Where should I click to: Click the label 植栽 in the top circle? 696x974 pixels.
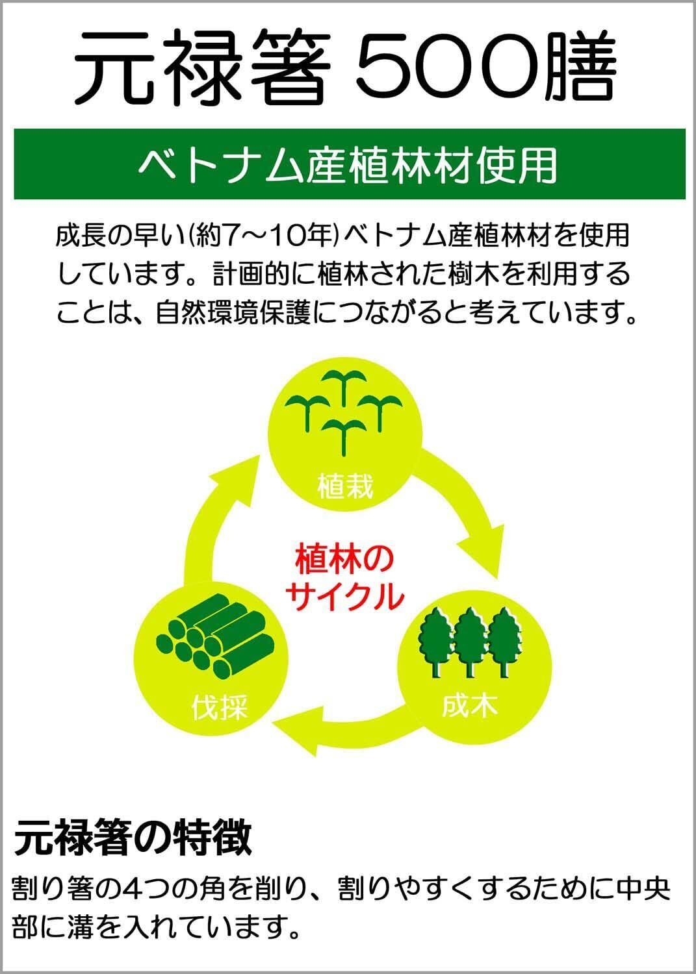pos(345,485)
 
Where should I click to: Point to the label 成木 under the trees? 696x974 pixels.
pos(469,705)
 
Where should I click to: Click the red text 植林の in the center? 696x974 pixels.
pos(344,560)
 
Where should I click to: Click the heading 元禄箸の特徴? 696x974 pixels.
pos(133,838)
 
